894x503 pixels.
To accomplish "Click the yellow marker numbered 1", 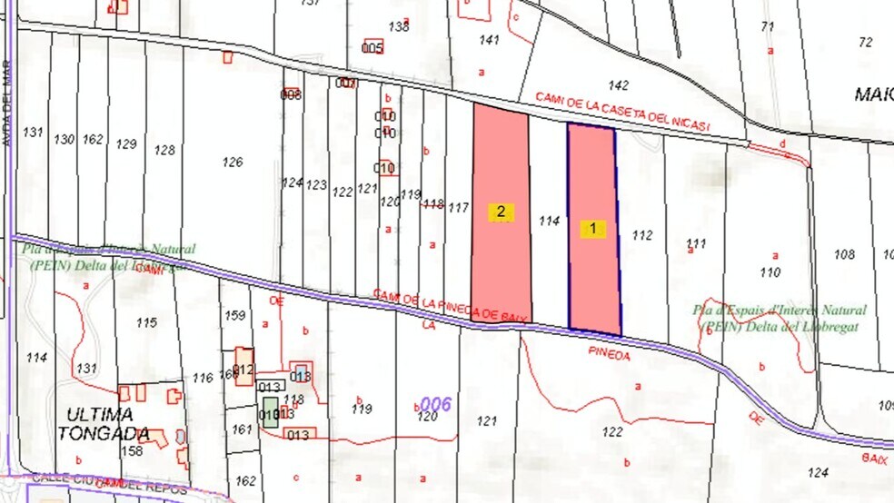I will [x=593, y=229].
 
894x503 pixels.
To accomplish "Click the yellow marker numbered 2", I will [x=501, y=212].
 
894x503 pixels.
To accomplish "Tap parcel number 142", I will [x=619, y=85].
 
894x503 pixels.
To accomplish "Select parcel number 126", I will [x=233, y=162].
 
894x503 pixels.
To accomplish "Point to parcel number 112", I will [x=642, y=235].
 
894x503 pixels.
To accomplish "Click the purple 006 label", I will [x=437, y=403].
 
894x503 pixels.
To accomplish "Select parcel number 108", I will [x=844, y=254].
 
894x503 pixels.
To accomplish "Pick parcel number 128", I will [x=164, y=150].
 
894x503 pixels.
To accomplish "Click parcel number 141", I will [x=490, y=40].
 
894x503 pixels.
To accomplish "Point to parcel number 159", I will [x=235, y=315].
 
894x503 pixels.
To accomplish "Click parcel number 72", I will [x=865, y=42].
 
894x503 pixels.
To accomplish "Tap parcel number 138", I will [x=399, y=26].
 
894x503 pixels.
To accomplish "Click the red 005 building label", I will [x=372, y=47].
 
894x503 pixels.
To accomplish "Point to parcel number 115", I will [x=146, y=322].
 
